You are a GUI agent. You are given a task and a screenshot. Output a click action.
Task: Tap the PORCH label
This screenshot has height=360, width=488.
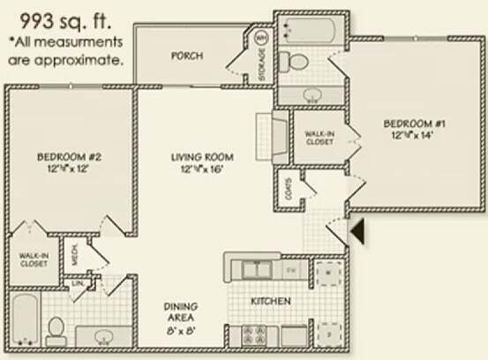point(187,56)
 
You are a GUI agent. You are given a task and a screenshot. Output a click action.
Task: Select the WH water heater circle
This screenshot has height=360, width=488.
point(262,38)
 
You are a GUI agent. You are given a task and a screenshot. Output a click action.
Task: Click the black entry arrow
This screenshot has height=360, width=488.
point(359,231)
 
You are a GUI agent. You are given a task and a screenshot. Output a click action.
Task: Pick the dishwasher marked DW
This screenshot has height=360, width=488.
point(291,268)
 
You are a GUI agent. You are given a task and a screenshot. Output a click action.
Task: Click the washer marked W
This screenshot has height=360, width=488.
point(328,274)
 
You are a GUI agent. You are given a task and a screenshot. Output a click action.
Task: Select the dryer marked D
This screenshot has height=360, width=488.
point(328,334)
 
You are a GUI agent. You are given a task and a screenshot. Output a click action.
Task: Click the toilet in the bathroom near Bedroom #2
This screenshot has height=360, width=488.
point(56,330)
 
